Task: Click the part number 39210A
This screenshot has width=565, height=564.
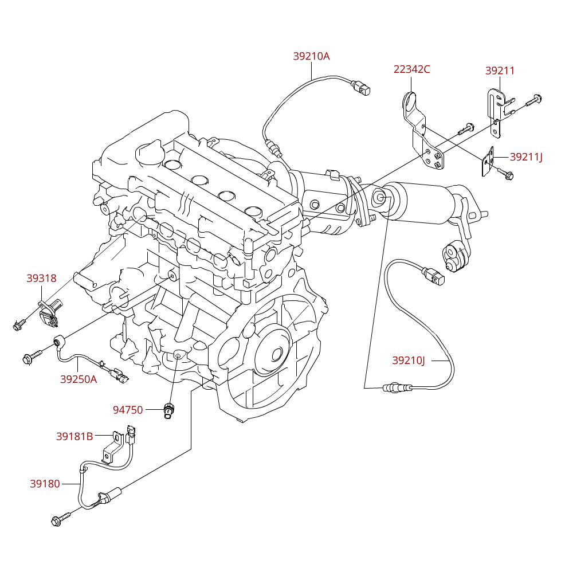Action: coord(311,56)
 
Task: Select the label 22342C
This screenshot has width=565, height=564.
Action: coord(411,69)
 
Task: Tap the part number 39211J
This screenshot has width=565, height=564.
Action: coord(525,157)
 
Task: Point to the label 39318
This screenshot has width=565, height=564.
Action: coord(41,278)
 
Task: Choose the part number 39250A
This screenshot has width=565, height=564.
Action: coord(78,379)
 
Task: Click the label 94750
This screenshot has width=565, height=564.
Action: coord(128,410)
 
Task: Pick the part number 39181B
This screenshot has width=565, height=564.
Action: coord(74,436)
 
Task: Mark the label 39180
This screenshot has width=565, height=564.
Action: coord(45,484)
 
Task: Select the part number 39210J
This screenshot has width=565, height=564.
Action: coord(409,361)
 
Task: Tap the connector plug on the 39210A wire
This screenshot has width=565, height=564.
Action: coord(361,87)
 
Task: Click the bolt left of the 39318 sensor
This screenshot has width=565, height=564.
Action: coord(19,324)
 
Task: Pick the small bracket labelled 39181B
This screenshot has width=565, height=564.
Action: coord(113,447)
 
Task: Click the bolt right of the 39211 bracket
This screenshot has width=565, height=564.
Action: coord(534,100)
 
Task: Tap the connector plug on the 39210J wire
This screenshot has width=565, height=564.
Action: coord(434,276)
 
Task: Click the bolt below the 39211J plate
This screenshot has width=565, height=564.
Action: coord(505,173)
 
